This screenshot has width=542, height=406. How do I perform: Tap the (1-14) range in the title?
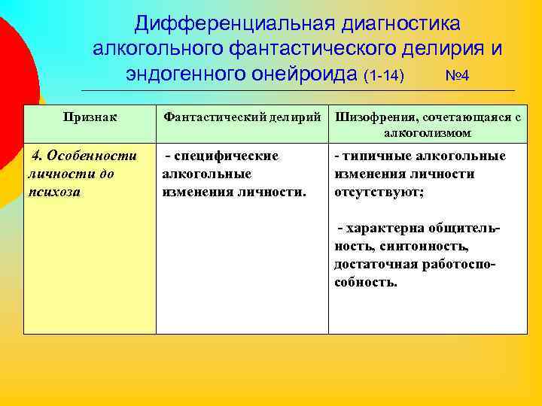pos(384,76)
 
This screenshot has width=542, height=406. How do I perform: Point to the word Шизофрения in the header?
pos(373,117)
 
